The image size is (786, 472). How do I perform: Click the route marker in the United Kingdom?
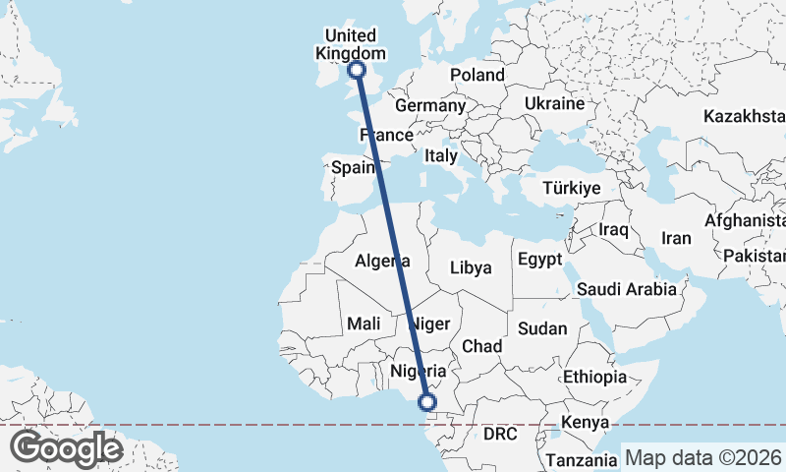click(357, 70)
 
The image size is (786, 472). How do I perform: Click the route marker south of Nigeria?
click(427, 401)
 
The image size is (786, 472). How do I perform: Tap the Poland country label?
click(477, 76)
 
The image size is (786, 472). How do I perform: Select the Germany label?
click(429, 105)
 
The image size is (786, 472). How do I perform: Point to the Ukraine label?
click(554, 103)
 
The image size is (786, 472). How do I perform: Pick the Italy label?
click(440, 155)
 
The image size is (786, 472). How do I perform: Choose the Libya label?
click(470, 267)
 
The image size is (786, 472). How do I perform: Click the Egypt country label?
click(538, 260)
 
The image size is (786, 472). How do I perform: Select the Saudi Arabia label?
click(626, 289)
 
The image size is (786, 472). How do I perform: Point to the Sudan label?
click(543, 328)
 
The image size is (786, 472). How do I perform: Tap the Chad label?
click(481, 346)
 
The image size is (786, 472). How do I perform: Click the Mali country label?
click(364, 324)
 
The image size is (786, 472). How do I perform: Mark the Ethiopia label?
click(594, 377)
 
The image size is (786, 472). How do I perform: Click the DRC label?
click(500, 434)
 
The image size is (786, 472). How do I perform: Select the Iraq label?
click(613, 229)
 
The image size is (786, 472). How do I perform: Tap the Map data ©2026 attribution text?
click(702, 457)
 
